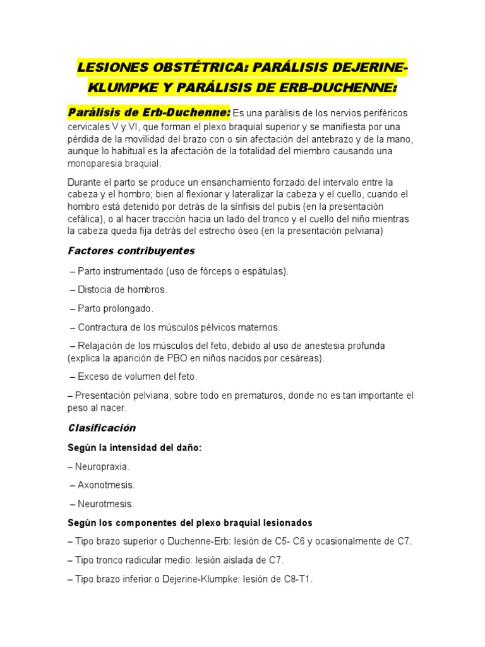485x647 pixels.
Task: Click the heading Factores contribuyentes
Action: tap(131, 251)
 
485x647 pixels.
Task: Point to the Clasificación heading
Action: tap(102, 428)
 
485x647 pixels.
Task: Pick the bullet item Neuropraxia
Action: tap(102, 466)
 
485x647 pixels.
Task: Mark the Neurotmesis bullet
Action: tap(105, 504)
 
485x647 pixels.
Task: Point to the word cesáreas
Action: tap(301, 358)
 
